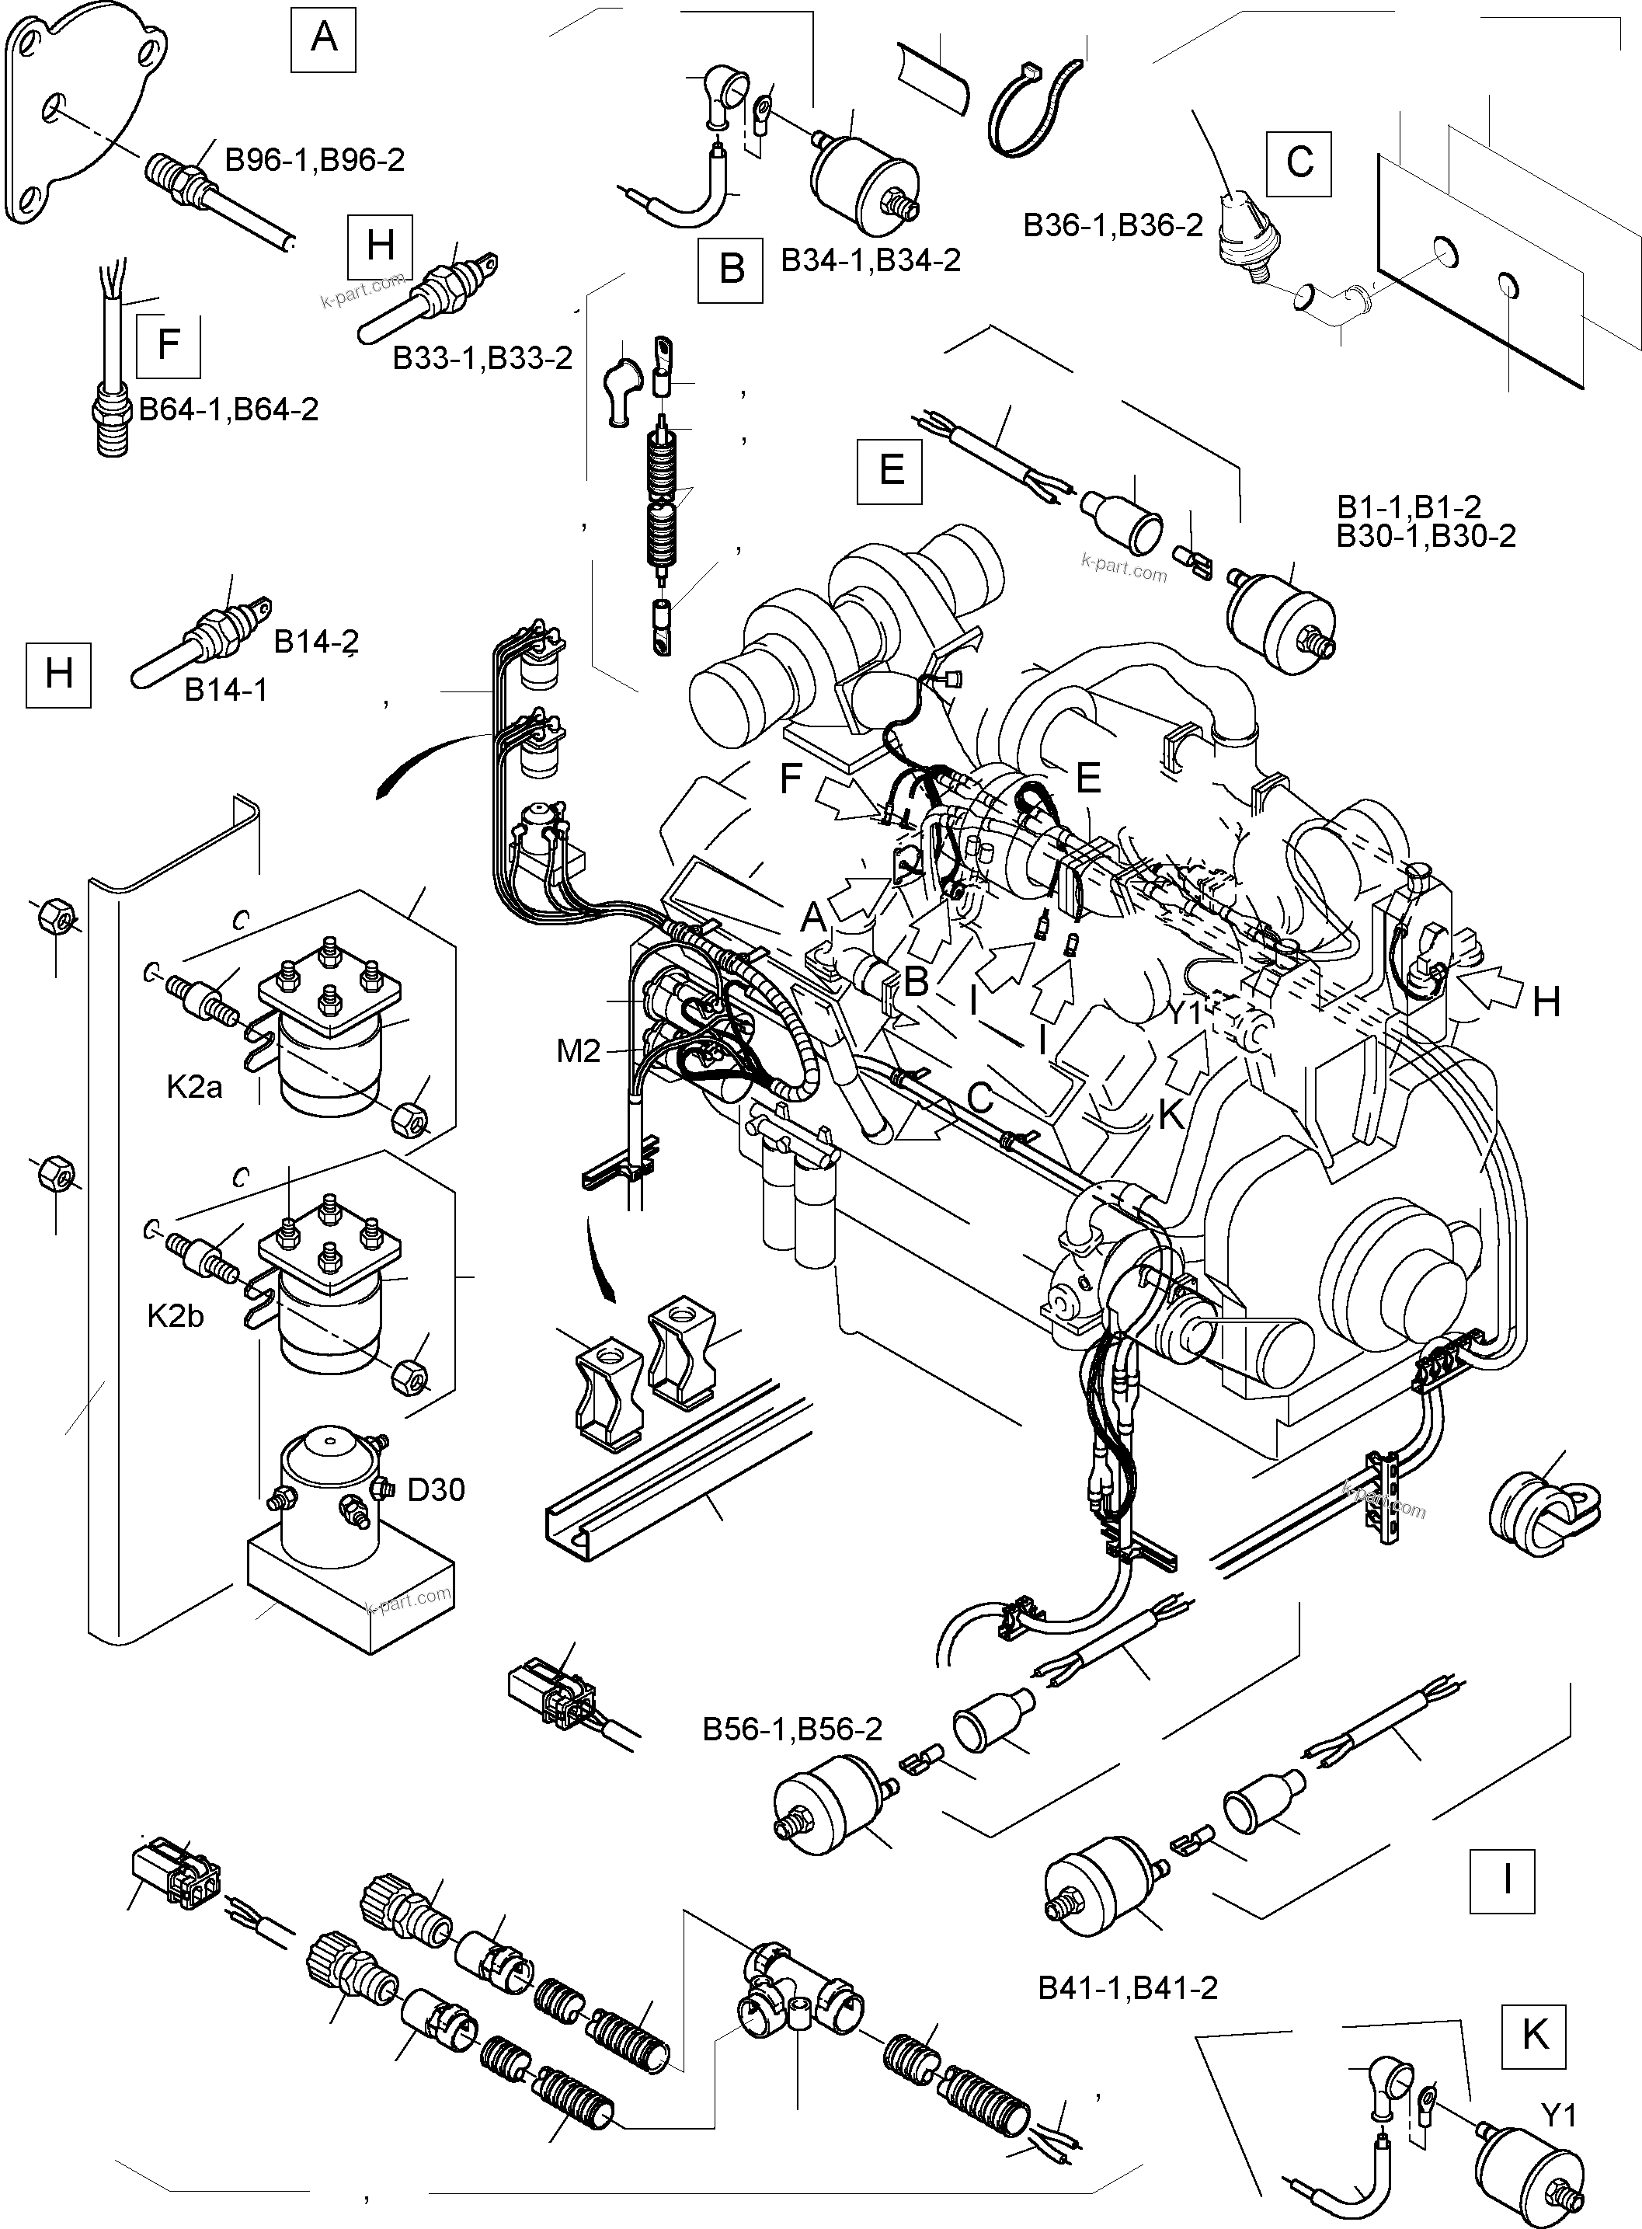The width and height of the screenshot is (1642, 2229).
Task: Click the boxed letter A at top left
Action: (x=323, y=39)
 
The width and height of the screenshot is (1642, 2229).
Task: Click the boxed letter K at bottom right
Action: (x=1535, y=2035)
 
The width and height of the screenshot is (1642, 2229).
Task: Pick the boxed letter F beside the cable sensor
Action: (x=168, y=345)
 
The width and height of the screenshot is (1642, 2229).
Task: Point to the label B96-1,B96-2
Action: (x=314, y=161)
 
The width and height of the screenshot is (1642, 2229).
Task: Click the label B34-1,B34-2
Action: (x=871, y=260)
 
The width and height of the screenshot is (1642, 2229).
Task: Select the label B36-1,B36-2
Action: (x=1113, y=225)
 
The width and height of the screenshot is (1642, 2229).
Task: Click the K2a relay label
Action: (x=195, y=1087)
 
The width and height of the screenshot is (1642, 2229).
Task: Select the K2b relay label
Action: (x=176, y=1316)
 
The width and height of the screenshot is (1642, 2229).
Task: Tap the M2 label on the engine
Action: (x=579, y=1051)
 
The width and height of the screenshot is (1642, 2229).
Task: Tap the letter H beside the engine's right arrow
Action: (x=1546, y=1003)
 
